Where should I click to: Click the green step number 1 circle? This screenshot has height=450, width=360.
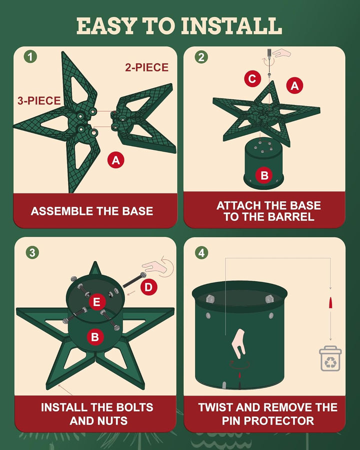[x=30, y=56]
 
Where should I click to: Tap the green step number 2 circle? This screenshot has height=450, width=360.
[x=201, y=57]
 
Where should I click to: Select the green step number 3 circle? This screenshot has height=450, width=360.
[x=32, y=252]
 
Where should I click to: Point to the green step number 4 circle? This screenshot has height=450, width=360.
[x=201, y=253]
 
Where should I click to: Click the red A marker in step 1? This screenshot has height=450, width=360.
[x=115, y=160]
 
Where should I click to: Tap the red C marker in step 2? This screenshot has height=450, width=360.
[x=252, y=78]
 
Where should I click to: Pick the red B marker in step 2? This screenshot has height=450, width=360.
[x=264, y=175]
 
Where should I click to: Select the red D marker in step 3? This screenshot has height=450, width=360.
[x=148, y=287]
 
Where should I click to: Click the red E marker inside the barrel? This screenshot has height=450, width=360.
[x=96, y=302]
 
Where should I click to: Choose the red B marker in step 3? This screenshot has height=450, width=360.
[x=95, y=336]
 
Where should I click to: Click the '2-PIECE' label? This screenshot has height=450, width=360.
[x=146, y=67]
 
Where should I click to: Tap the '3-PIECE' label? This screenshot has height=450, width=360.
[x=39, y=100]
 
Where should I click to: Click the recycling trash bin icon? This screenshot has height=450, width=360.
[x=330, y=358]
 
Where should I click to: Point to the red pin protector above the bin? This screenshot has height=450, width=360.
[x=330, y=302]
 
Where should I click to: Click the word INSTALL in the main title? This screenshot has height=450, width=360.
[x=231, y=26]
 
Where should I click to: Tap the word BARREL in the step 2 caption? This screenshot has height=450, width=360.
[x=290, y=216]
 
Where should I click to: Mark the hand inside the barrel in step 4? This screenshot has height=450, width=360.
[x=238, y=343]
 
